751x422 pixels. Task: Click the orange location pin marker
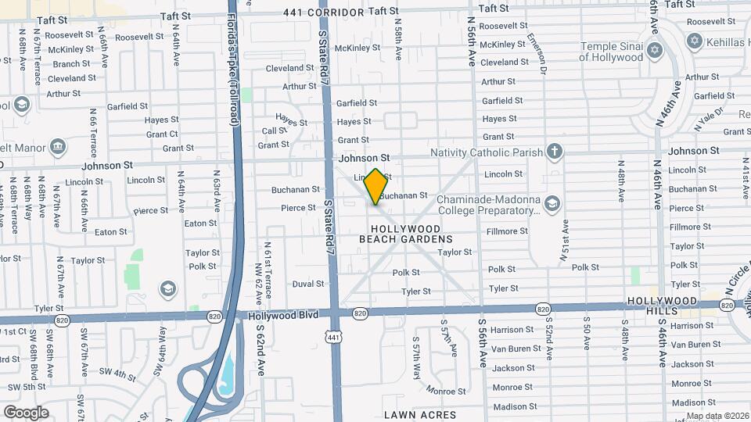(376, 186)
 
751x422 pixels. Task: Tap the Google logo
(26, 413)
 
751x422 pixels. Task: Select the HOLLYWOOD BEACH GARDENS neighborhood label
(405, 232)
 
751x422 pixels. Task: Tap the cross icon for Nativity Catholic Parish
(555, 151)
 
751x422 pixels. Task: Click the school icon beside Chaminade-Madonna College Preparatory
(552, 204)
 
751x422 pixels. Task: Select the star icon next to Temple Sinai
(656, 52)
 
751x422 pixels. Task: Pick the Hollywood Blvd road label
(285, 316)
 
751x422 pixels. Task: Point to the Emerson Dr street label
(536, 54)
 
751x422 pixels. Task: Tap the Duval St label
(308, 284)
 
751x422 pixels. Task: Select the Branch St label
(72, 64)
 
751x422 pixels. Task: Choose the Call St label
(275, 131)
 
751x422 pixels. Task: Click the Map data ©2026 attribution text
(717, 416)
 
